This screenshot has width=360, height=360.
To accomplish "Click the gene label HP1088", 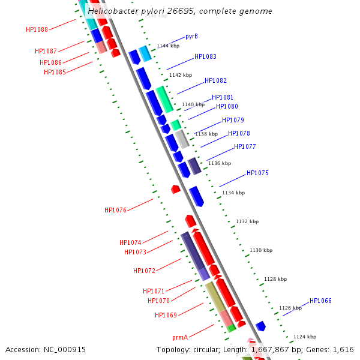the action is point(37,29).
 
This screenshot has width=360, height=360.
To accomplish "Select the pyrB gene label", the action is point(192,37).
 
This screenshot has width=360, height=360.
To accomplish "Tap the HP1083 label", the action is point(205,57).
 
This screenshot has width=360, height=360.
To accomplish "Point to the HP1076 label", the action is point(115,210).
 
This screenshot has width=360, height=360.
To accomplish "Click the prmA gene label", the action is point(180,337).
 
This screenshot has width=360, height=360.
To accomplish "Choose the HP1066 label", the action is point(320,301).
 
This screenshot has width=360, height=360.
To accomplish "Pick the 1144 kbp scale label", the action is point(168,46).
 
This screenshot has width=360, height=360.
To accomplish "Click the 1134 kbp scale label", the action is point(233,193).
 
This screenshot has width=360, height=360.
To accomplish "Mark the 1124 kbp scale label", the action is point(304,337).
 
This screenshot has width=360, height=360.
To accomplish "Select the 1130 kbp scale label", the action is point(261,250).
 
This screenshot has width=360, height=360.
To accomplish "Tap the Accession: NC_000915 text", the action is point(46,349).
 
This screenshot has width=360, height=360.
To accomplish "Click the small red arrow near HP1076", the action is point(175,189).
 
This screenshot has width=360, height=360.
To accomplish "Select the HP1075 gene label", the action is point(257,173).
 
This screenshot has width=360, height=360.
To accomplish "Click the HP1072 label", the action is point(144,271).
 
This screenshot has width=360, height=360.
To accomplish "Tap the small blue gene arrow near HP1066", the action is point(260,326).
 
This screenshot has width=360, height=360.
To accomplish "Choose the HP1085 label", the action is point(55,73).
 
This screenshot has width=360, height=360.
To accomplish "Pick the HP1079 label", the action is point(233,121).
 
